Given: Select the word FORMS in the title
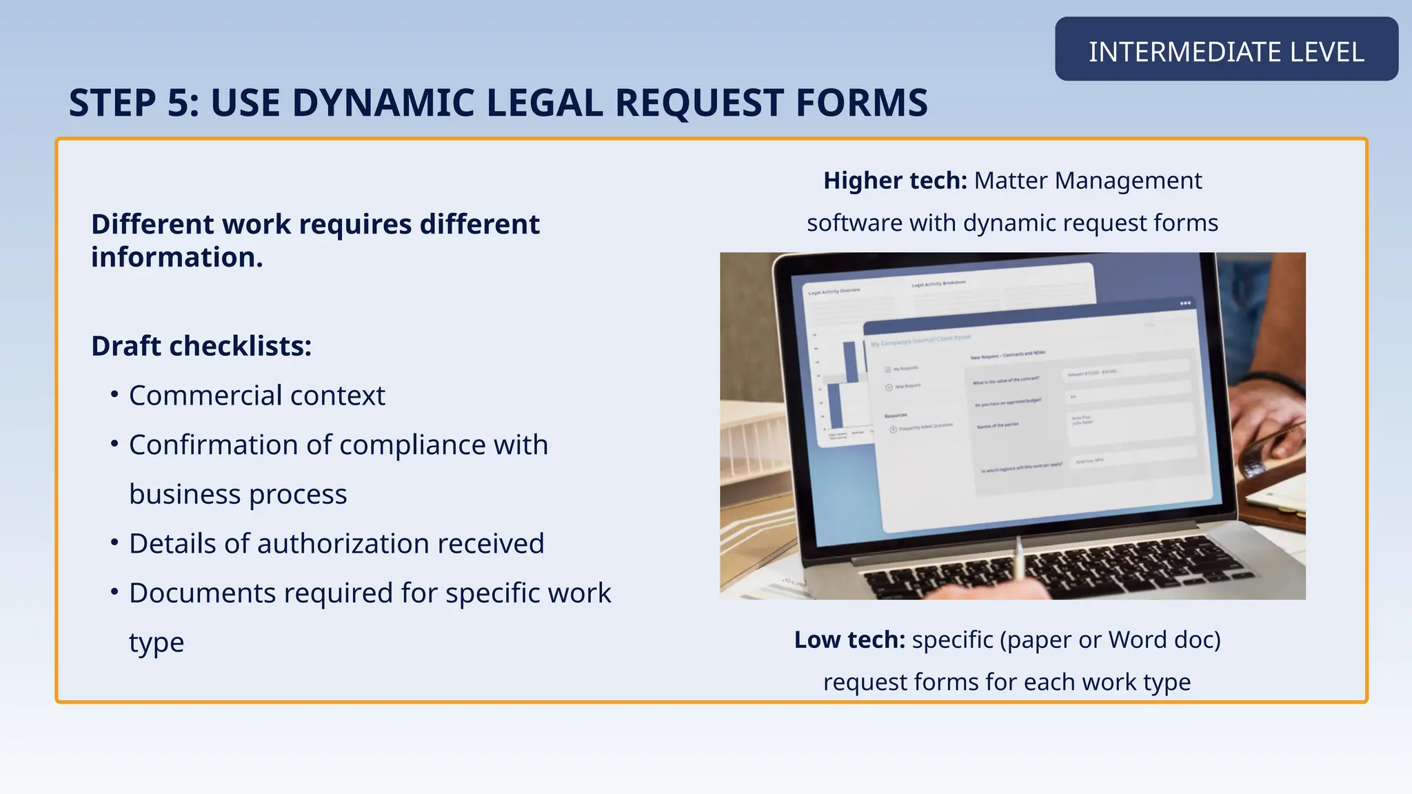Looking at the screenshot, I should (x=861, y=103).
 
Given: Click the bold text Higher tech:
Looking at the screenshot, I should (x=895, y=181).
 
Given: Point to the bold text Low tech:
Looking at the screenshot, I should (x=849, y=640).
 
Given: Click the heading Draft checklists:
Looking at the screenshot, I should (x=201, y=346).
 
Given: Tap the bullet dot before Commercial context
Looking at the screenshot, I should (x=114, y=394).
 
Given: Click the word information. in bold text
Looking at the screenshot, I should (x=177, y=258).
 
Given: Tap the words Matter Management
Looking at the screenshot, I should (x=1087, y=181).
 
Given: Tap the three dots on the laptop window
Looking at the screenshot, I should (x=1185, y=303).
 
